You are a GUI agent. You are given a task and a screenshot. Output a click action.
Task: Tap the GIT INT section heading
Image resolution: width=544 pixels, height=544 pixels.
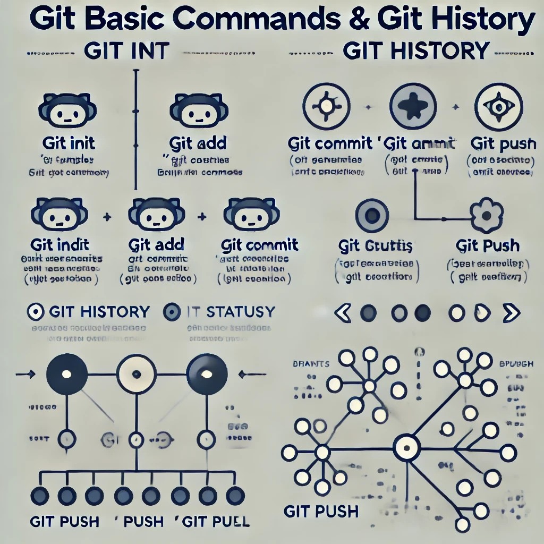[x=126, y=52]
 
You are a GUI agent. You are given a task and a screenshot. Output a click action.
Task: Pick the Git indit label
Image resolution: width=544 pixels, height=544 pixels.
[x=60, y=245]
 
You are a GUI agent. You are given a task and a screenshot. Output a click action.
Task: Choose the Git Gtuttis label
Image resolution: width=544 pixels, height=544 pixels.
[x=375, y=246]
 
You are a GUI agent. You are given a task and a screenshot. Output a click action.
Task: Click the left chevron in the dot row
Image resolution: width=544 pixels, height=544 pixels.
[x=343, y=313]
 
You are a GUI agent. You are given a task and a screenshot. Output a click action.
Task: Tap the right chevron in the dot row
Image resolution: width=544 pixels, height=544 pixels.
[x=511, y=313]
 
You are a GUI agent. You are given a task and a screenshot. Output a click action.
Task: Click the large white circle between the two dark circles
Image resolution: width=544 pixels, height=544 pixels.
[x=137, y=374]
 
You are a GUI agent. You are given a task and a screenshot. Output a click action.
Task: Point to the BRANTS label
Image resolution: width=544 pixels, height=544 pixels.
[x=311, y=364]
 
